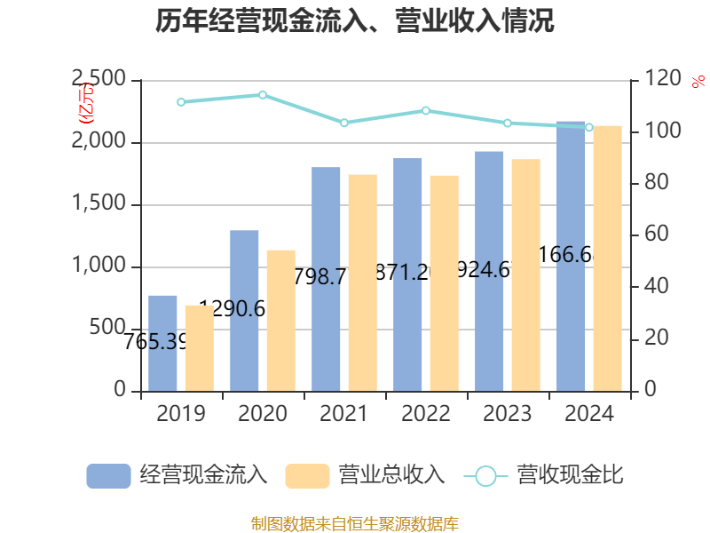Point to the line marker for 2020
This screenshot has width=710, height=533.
[263, 94]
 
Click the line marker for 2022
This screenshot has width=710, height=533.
[426, 110]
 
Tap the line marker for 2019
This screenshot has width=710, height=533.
[181, 102]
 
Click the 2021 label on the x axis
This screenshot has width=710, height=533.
[344, 414]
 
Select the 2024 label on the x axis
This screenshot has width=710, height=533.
[589, 414]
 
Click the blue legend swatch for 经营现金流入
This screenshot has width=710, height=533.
[108, 475]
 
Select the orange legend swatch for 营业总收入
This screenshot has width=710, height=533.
[307, 475]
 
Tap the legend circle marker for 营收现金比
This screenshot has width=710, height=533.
[485, 475]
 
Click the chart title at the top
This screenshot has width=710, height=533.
[355, 20]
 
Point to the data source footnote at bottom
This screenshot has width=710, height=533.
[355, 523]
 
